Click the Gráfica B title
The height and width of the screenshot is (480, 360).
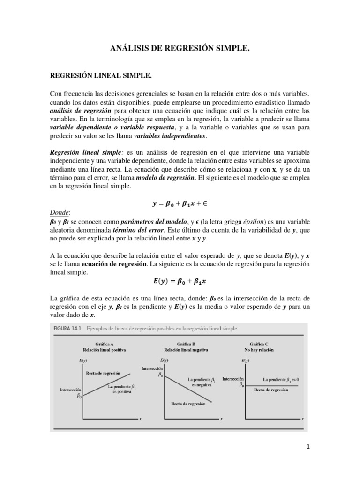tap(187, 344)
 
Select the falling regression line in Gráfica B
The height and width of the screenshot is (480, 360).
tap(187, 387)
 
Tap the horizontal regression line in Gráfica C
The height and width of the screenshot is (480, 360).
tap(277, 385)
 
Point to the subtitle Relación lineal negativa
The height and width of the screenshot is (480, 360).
tap(187, 350)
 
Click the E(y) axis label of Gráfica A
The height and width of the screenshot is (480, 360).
tap(83, 360)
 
